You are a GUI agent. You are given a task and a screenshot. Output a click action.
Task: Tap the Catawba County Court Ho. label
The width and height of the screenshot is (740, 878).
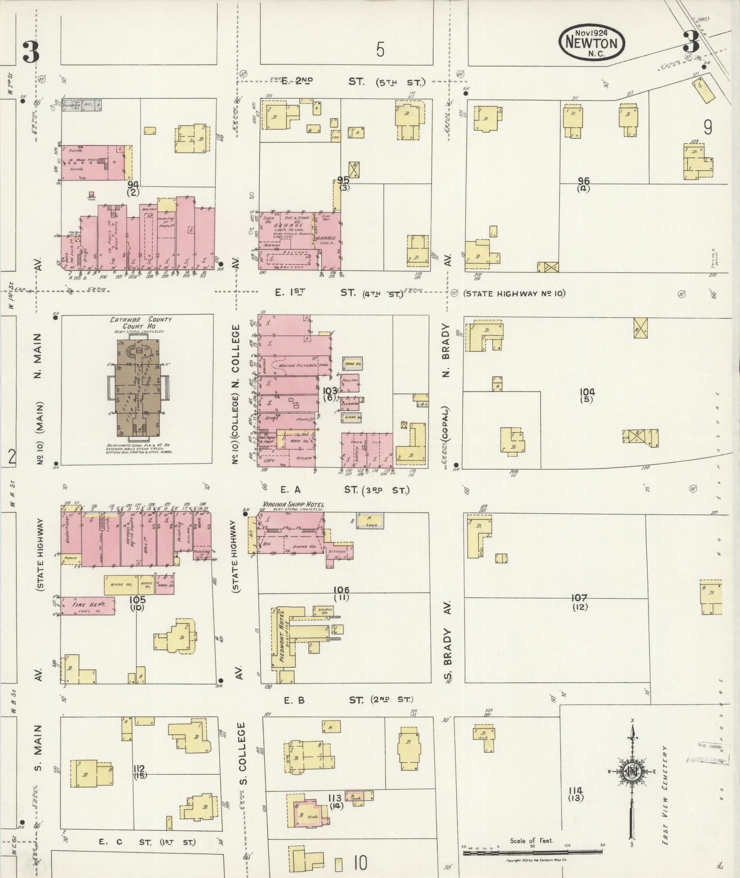pos(141,322)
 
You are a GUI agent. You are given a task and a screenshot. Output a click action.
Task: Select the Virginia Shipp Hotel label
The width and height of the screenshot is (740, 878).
pos(293,504)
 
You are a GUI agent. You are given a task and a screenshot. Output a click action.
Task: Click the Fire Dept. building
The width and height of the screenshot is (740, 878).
pos(88,605)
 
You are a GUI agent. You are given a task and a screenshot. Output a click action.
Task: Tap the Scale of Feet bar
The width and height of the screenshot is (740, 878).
pos(533,853)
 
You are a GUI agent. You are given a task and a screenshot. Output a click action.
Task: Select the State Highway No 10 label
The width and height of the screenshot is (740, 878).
pos(514,294)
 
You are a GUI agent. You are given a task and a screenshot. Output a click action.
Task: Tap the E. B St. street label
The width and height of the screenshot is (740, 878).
pos(339,700)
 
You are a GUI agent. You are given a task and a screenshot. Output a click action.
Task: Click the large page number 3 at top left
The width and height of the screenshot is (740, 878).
pos(30,53)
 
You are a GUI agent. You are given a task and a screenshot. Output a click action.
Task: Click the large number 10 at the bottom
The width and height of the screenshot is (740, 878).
pos(360,864)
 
